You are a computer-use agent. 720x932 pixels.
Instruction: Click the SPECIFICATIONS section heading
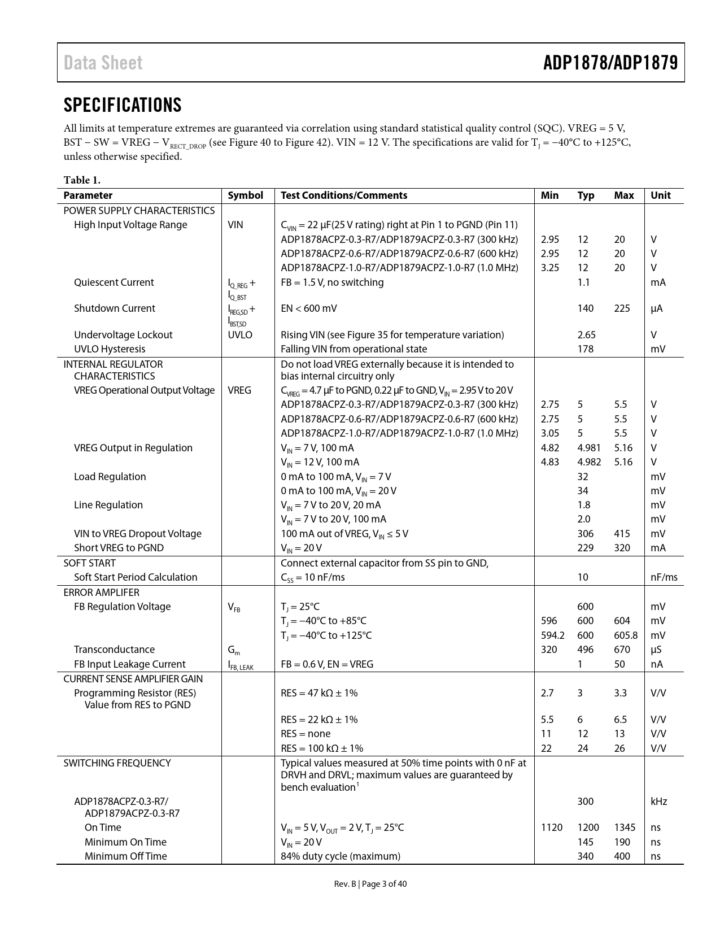123,105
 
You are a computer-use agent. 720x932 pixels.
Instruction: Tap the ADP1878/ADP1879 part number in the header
610,63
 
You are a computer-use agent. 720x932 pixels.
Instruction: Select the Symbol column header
245,195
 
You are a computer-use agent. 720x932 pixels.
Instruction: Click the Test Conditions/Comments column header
343,195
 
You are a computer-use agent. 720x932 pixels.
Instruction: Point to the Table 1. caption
82,180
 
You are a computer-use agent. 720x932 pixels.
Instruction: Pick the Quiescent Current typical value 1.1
583,282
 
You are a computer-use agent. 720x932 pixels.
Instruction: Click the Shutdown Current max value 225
622,308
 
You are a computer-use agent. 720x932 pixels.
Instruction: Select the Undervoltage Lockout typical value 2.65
586,335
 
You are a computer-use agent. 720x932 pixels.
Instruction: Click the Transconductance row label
114,650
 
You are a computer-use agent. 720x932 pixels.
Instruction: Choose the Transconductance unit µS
656,650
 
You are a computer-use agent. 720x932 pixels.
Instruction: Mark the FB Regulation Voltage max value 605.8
626,635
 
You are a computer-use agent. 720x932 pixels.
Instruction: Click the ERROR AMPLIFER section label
101,593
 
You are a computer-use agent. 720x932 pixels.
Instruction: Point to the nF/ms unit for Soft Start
664,577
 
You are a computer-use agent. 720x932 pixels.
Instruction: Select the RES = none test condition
306,734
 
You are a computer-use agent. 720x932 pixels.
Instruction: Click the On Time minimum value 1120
551,828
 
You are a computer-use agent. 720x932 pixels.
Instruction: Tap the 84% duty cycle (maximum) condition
341,856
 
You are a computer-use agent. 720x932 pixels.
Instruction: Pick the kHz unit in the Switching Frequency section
658,802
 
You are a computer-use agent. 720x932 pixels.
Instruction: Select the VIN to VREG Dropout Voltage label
137,534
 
